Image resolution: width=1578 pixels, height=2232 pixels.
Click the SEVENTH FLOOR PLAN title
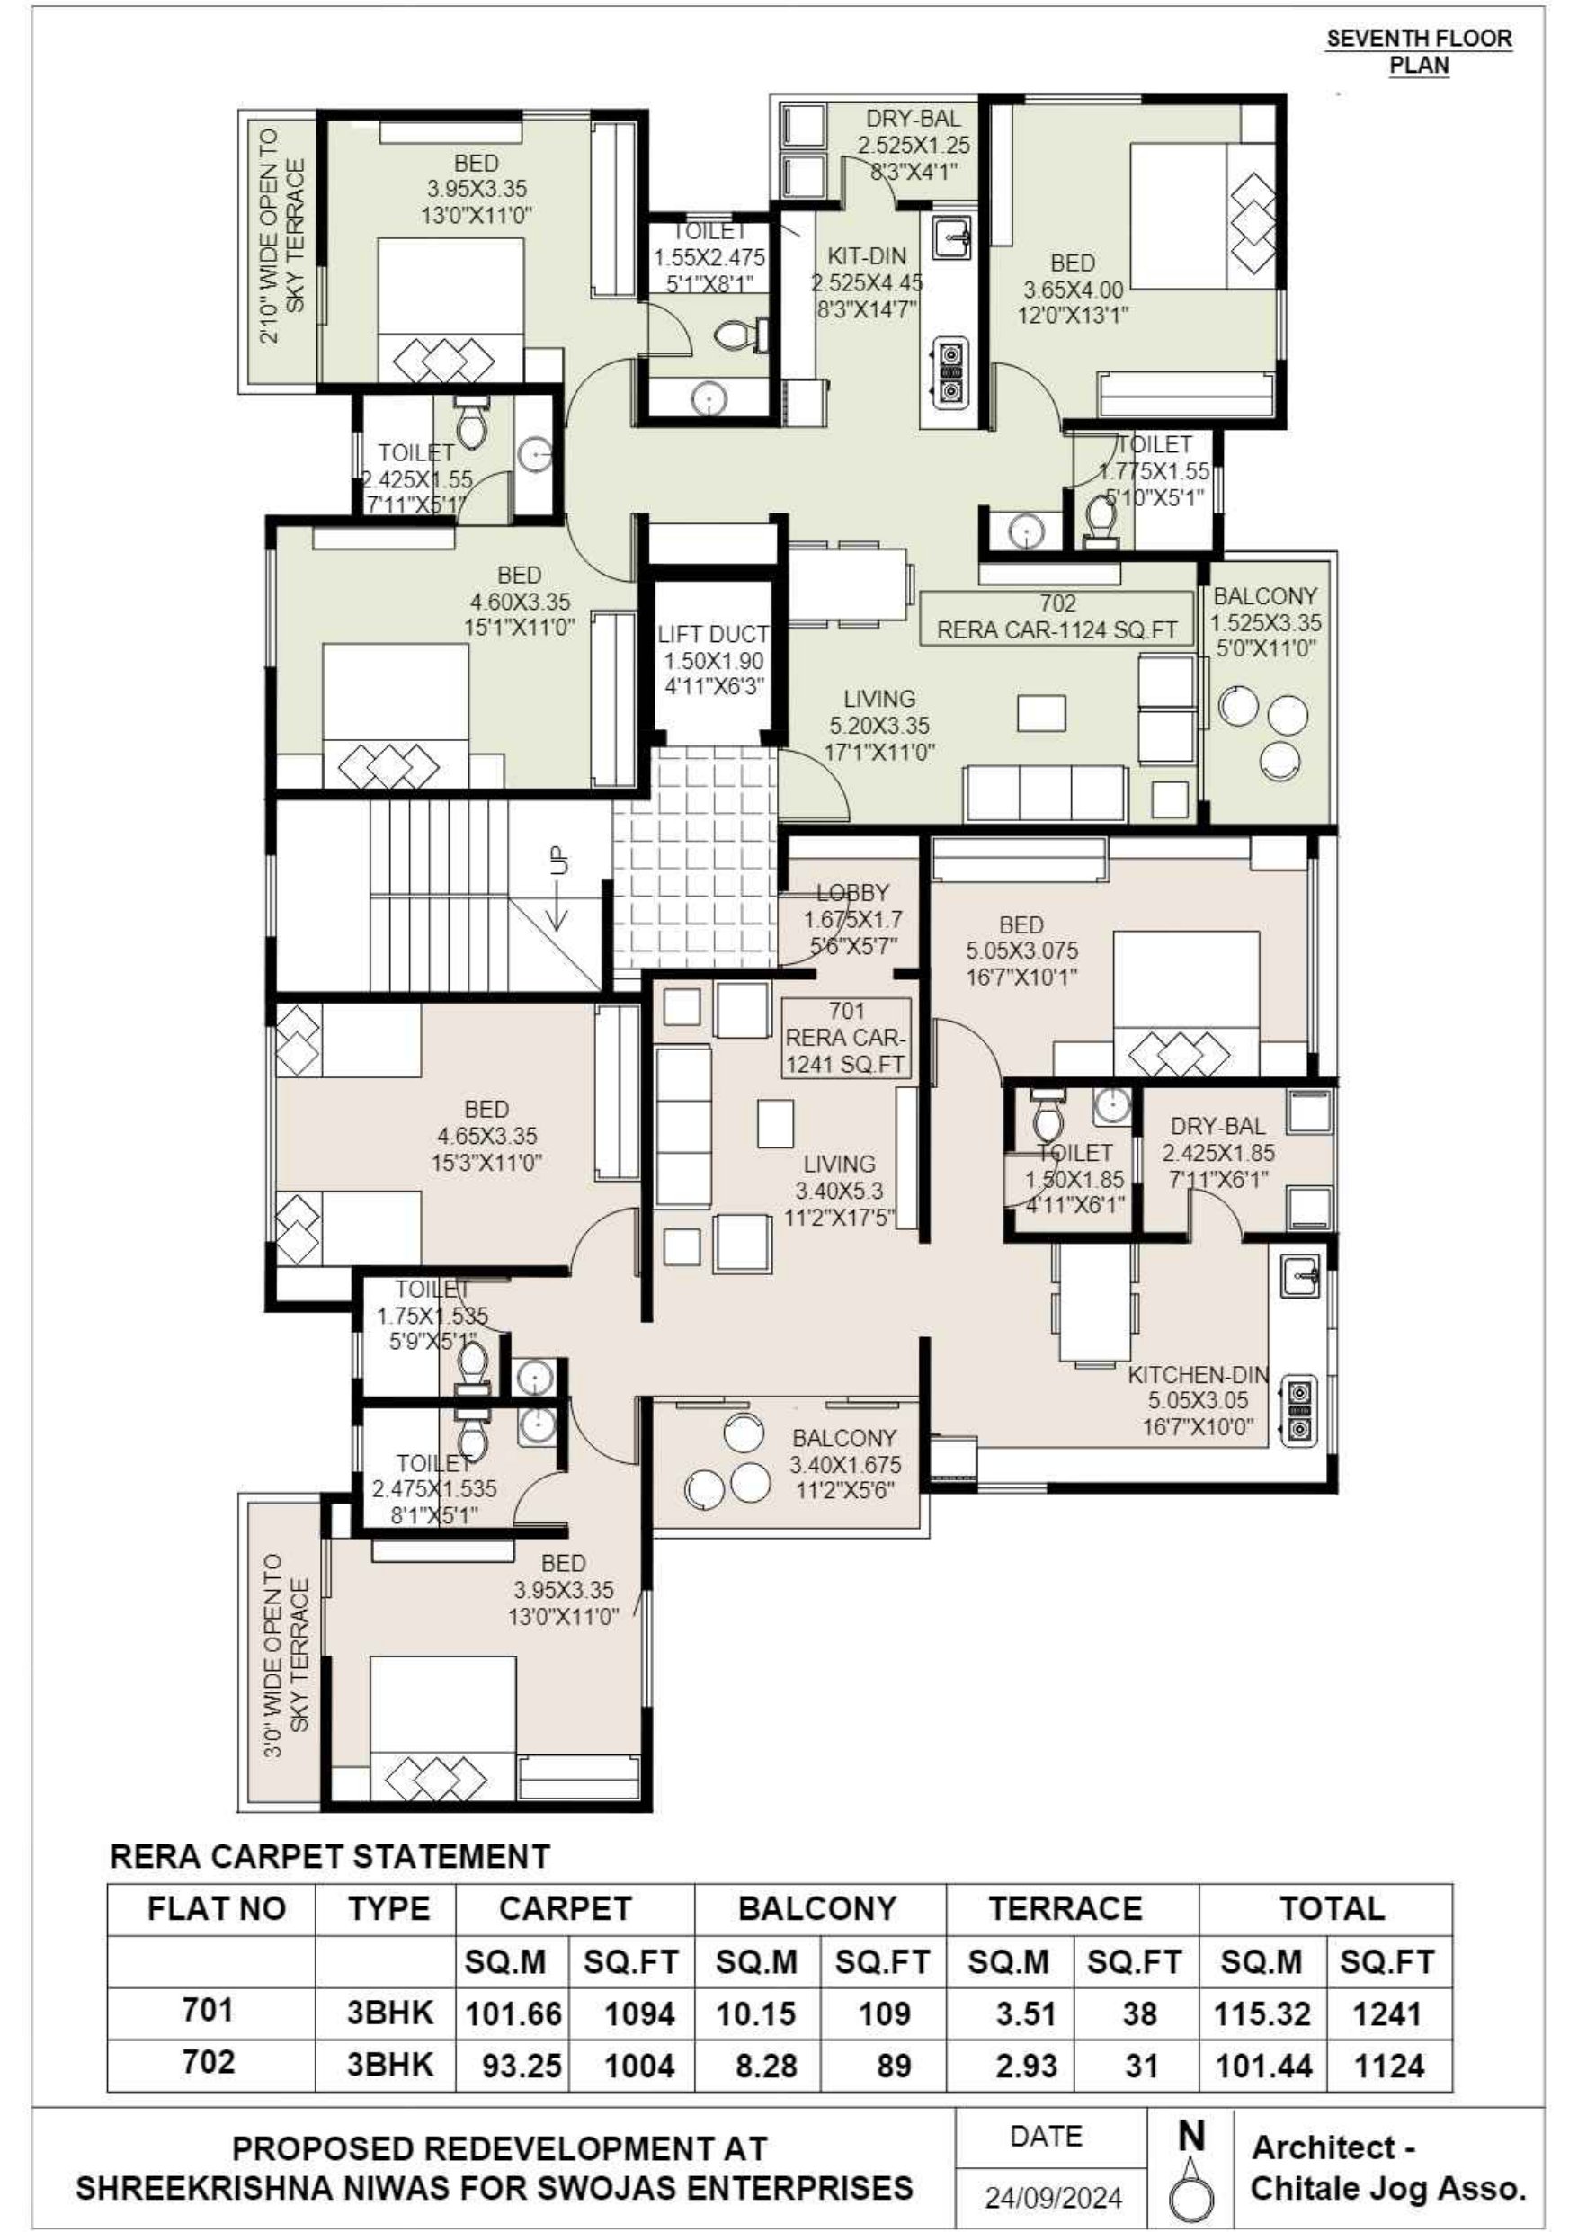click(x=1419, y=52)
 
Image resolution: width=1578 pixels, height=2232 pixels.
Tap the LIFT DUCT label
click(x=714, y=634)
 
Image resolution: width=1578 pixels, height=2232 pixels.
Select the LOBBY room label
click(x=852, y=892)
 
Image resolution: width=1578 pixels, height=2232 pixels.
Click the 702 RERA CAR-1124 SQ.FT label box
click(x=1056, y=617)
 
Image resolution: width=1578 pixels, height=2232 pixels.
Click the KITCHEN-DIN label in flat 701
click(x=1198, y=1375)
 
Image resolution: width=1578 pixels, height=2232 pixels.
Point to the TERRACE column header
click(x=1065, y=1908)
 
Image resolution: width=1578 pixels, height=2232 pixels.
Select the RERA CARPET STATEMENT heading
click(x=331, y=1856)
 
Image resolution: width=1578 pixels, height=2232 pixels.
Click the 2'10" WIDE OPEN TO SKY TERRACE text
click(x=282, y=237)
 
